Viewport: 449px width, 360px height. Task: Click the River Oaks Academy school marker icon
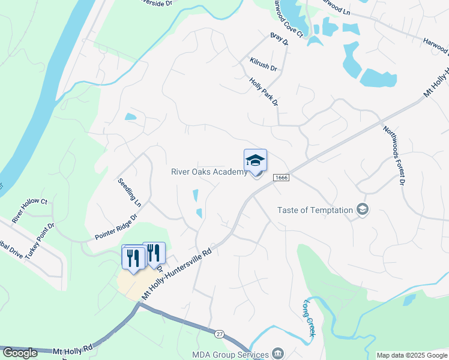click(x=255, y=161)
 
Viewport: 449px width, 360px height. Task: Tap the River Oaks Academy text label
click(x=209, y=172)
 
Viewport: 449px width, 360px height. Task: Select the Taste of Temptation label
click(x=315, y=210)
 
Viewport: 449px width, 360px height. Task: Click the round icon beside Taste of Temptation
click(x=363, y=209)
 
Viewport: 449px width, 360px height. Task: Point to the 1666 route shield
click(x=281, y=178)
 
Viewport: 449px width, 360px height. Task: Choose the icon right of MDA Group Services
click(x=278, y=352)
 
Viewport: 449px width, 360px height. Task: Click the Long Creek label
click(x=310, y=318)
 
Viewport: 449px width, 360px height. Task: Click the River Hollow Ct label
click(x=29, y=207)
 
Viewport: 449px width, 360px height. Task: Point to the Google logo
click(x=20, y=353)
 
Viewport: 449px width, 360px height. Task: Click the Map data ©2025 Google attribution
click(x=412, y=355)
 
